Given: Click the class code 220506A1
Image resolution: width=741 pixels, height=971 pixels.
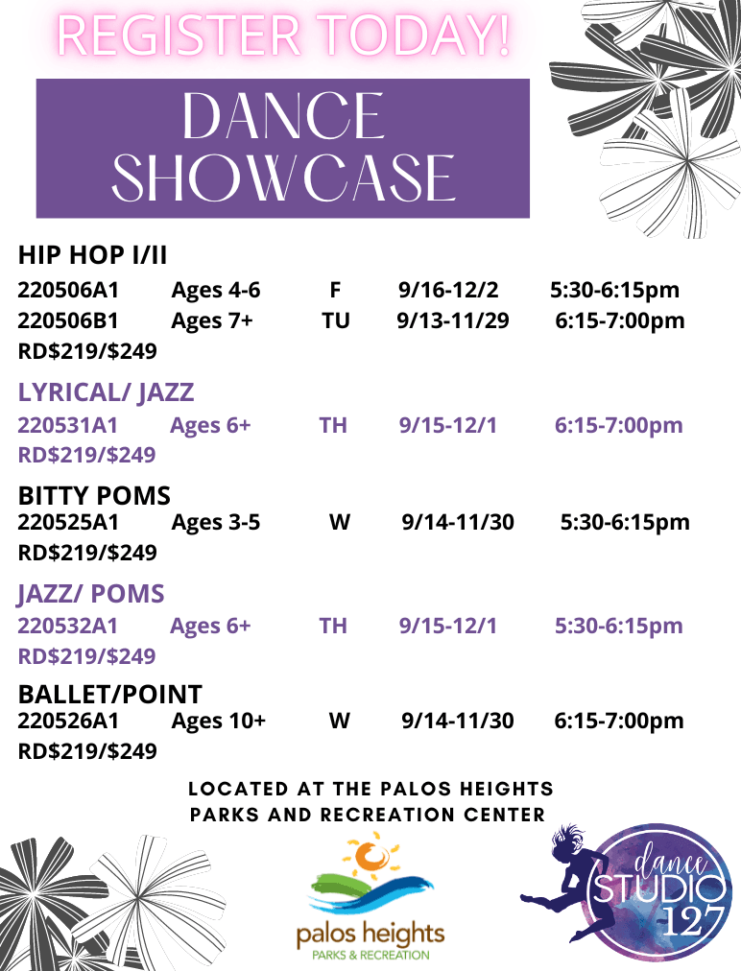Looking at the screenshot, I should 68,290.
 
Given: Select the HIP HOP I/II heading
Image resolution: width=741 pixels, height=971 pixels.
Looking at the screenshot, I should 93,256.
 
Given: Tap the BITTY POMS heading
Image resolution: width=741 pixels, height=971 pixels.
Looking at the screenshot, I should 94,496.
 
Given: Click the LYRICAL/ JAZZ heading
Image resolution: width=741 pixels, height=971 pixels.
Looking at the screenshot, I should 106,391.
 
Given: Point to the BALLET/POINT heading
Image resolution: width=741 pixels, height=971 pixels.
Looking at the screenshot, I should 110,694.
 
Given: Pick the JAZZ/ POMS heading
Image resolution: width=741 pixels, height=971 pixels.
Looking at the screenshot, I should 91,594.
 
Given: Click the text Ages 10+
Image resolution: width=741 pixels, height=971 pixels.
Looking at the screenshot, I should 218,721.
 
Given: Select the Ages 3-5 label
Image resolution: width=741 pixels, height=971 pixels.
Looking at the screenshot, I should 215,523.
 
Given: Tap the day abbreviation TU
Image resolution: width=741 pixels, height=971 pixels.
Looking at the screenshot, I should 335,320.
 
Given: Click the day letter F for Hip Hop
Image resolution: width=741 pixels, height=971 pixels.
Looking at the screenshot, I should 335,290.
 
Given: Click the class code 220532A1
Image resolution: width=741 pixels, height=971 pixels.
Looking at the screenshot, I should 68,626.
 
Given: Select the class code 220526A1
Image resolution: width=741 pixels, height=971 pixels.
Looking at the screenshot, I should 68,721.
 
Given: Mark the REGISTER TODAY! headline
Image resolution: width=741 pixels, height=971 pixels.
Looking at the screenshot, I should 282,35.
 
